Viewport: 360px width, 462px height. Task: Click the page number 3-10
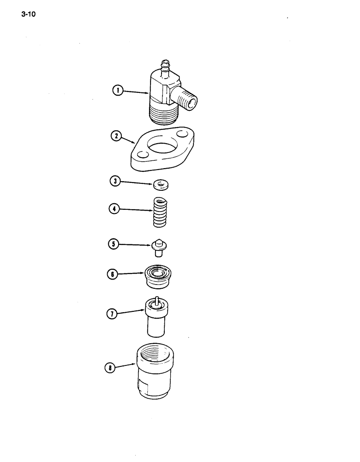point(28,14)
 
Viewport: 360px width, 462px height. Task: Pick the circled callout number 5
point(113,243)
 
